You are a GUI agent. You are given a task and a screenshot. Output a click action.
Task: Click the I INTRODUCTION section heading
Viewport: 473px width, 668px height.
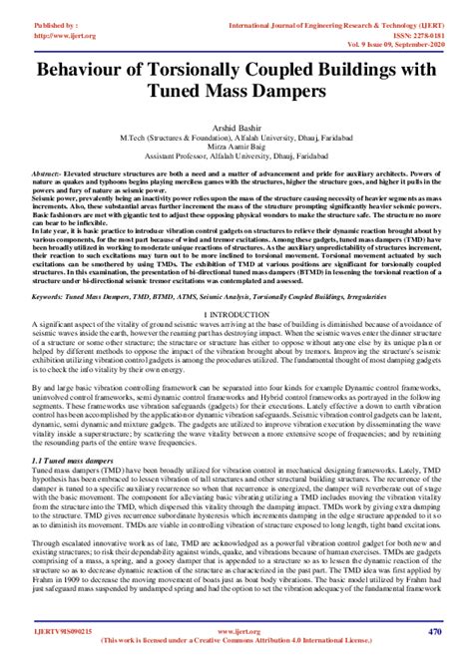pyautogui.click(x=236, y=313)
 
